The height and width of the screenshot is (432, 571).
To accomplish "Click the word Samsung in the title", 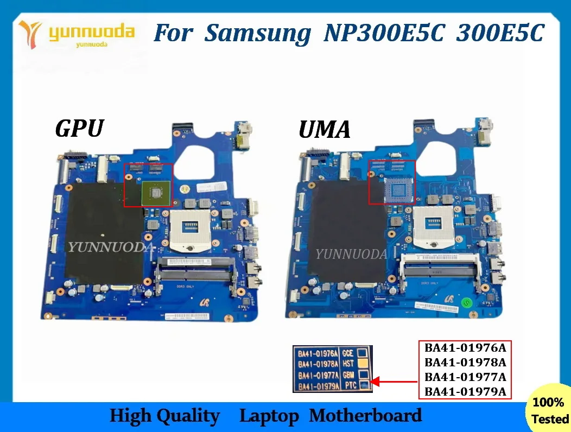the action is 258,34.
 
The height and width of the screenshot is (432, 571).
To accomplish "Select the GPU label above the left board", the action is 80,129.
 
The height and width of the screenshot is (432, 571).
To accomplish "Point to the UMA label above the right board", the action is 325,130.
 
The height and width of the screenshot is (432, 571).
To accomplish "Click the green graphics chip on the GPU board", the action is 154,192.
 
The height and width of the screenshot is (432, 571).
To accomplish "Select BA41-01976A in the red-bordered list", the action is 465,347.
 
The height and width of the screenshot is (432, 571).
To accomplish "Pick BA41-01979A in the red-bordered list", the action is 465,391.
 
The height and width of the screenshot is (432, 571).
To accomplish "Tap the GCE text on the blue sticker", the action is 348,353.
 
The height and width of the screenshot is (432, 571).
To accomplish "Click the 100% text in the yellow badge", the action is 548,402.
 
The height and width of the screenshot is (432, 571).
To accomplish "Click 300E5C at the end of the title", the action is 499,34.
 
